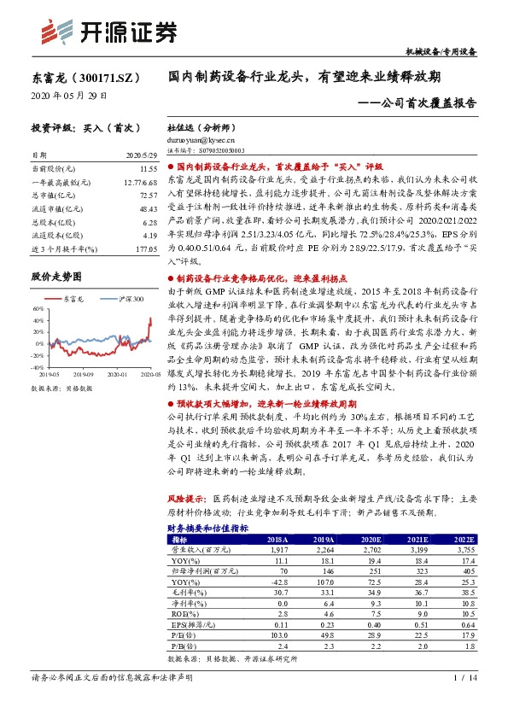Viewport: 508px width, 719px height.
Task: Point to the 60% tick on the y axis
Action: pos(38,308)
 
